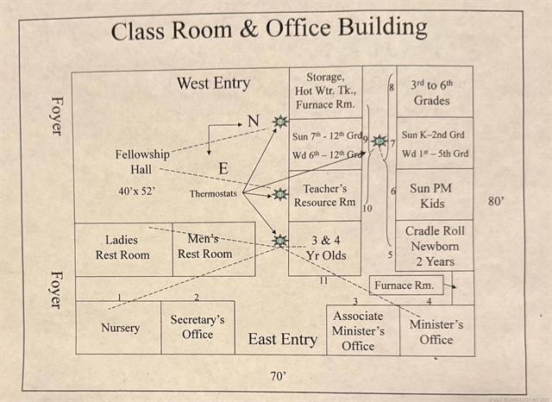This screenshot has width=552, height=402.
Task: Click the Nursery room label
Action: point(120,328)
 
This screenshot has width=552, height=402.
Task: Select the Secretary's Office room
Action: point(198,327)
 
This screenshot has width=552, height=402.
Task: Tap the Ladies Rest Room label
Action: point(122,248)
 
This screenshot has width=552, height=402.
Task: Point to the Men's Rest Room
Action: point(205,247)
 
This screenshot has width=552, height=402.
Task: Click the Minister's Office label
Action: point(436,332)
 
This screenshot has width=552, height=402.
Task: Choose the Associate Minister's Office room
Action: point(359,330)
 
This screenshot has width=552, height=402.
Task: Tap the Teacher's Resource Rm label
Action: point(325,196)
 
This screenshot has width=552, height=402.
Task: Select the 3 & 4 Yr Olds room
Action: point(325,248)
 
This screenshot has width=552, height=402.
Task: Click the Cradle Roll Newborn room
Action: point(436,246)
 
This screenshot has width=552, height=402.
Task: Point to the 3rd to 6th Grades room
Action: point(431,92)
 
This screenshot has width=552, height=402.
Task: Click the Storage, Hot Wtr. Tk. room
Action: point(324,91)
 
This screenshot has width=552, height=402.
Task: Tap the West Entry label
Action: point(213,84)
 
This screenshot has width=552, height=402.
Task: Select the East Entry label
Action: point(282,339)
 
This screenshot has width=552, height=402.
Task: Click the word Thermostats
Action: point(213,194)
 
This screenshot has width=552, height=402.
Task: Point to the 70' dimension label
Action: point(278,376)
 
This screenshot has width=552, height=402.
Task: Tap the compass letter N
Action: point(253,122)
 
